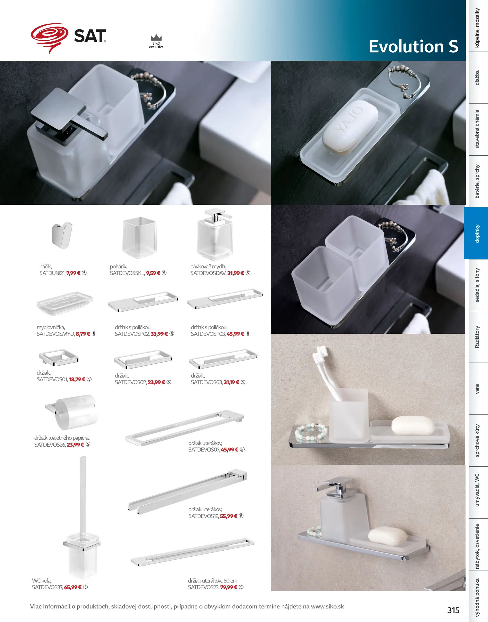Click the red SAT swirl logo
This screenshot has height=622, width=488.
pyautogui.click(x=50, y=37)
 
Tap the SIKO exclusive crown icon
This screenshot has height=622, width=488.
pyautogui.click(x=156, y=38)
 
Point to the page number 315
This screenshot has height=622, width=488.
pyautogui.click(x=453, y=610)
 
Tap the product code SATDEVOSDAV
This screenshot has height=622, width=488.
pyautogui.click(x=208, y=273)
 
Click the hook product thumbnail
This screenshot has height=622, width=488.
pyautogui.click(x=62, y=235)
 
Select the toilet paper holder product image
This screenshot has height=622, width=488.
pyautogui.click(x=72, y=412)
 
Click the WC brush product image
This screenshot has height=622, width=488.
pyautogui.click(x=82, y=517)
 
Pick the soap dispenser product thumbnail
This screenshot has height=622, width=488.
pyautogui.click(x=215, y=234)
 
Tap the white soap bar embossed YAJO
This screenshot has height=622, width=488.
pyautogui.click(x=350, y=127)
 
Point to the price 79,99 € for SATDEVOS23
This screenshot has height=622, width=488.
pyautogui.click(x=229, y=587)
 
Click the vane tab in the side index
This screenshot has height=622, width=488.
pyautogui.click(x=477, y=388)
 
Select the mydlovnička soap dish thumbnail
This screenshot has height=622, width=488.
pyautogui.click(x=65, y=304)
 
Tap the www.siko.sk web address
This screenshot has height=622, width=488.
pyautogui.click(x=328, y=606)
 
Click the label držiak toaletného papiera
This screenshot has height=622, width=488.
pyautogui.click(x=62, y=438)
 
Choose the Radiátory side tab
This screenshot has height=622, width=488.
pyautogui.click(x=477, y=337)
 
